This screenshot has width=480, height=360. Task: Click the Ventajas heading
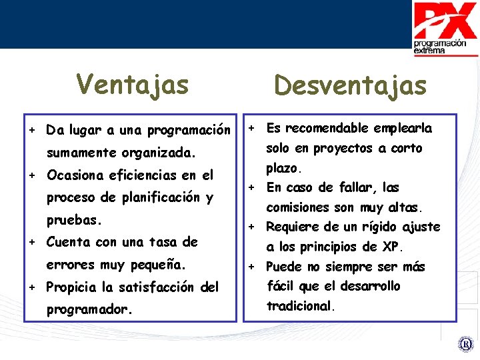(x=133, y=85)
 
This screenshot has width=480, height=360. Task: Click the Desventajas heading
(x=350, y=85)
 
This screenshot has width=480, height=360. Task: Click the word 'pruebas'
(x=72, y=219)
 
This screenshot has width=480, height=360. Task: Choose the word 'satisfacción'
(x=153, y=287)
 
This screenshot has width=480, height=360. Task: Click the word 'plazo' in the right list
(x=283, y=167)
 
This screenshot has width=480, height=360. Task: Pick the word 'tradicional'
(x=299, y=307)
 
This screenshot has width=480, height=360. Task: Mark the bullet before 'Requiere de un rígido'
(x=253, y=227)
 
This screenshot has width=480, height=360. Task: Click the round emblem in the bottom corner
(x=465, y=345)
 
